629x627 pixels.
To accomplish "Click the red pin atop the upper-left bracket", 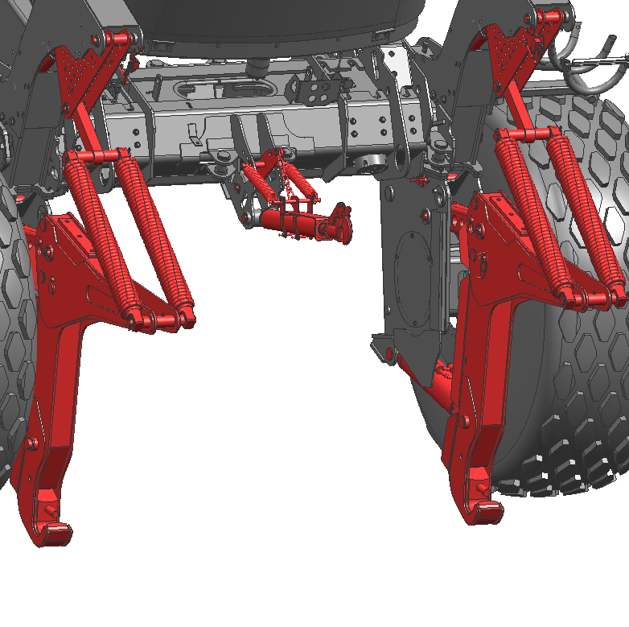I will [x=117, y=38].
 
